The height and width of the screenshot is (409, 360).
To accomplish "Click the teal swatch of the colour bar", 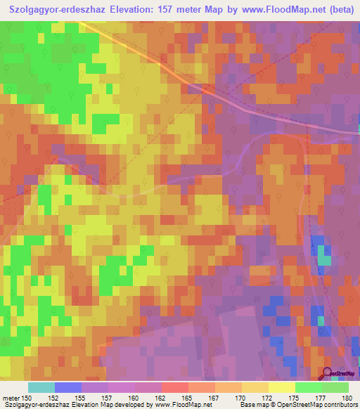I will coord(41,387).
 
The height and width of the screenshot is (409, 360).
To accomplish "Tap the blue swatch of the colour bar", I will coord(68,387).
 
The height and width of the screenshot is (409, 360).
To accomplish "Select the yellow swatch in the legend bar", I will coord(282,387).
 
